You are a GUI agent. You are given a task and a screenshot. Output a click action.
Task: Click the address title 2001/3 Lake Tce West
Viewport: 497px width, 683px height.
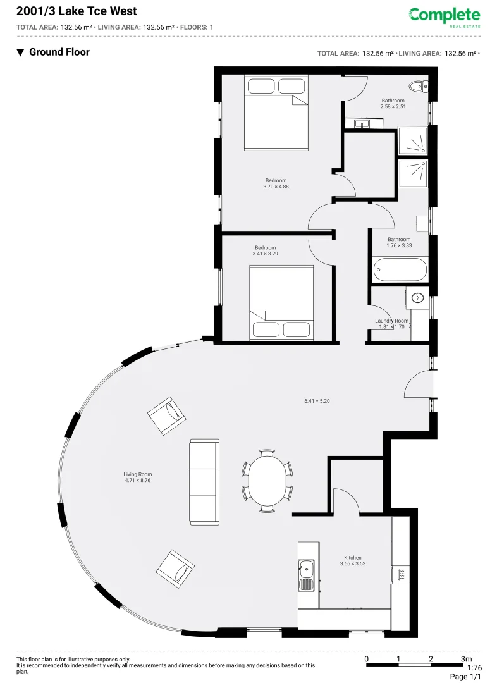(x=76, y=11)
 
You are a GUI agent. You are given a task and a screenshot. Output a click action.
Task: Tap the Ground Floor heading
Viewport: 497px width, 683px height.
(x=59, y=52)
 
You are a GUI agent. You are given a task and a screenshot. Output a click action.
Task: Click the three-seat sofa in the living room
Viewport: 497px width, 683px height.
(x=204, y=482)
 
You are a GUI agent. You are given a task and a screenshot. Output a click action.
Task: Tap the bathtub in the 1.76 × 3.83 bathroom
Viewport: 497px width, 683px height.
(x=400, y=271)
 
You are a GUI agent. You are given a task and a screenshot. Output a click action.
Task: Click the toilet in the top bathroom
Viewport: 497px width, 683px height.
(x=417, y=87)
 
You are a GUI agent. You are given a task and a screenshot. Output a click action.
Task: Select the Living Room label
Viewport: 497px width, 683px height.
(x=137, y=477)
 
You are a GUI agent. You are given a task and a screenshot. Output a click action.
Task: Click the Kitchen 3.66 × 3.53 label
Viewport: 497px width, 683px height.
(x=353, y=561)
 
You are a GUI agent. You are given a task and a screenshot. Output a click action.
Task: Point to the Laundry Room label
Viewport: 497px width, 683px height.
(x=391, y=324)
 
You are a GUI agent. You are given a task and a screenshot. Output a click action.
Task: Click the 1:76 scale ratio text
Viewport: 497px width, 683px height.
(x=474, y=668)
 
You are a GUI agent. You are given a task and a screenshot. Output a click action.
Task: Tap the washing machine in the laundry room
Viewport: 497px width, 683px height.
(x=417, y=297)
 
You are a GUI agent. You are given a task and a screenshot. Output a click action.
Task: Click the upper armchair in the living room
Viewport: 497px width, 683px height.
(x=167, y=415)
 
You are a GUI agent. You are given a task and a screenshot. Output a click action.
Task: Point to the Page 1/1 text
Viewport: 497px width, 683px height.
(x=465, y=677)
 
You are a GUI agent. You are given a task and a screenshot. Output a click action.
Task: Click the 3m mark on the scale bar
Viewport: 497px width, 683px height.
(x=467, y=659)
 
